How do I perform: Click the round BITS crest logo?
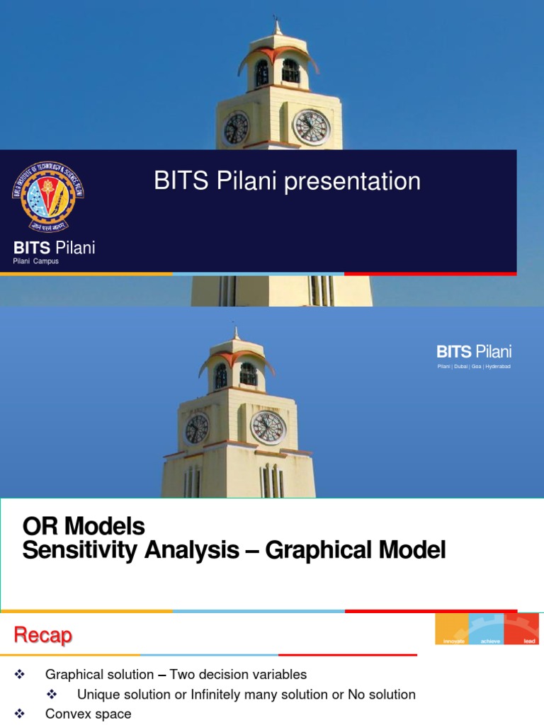[47, 196]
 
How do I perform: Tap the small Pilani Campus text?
[35, 261]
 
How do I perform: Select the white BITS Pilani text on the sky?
[474, 352]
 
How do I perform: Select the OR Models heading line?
[84, 527]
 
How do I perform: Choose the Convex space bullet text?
[88, 714]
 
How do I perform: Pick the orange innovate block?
[452, 629]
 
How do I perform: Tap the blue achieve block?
[487, 629]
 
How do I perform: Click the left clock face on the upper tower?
[235, 128]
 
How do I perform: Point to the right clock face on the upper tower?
[311, 127]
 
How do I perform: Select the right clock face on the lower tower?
[268, 428]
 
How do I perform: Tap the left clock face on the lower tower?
[196, 428]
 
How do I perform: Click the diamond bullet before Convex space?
[19, 714]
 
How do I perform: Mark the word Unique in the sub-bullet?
[96, 695]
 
